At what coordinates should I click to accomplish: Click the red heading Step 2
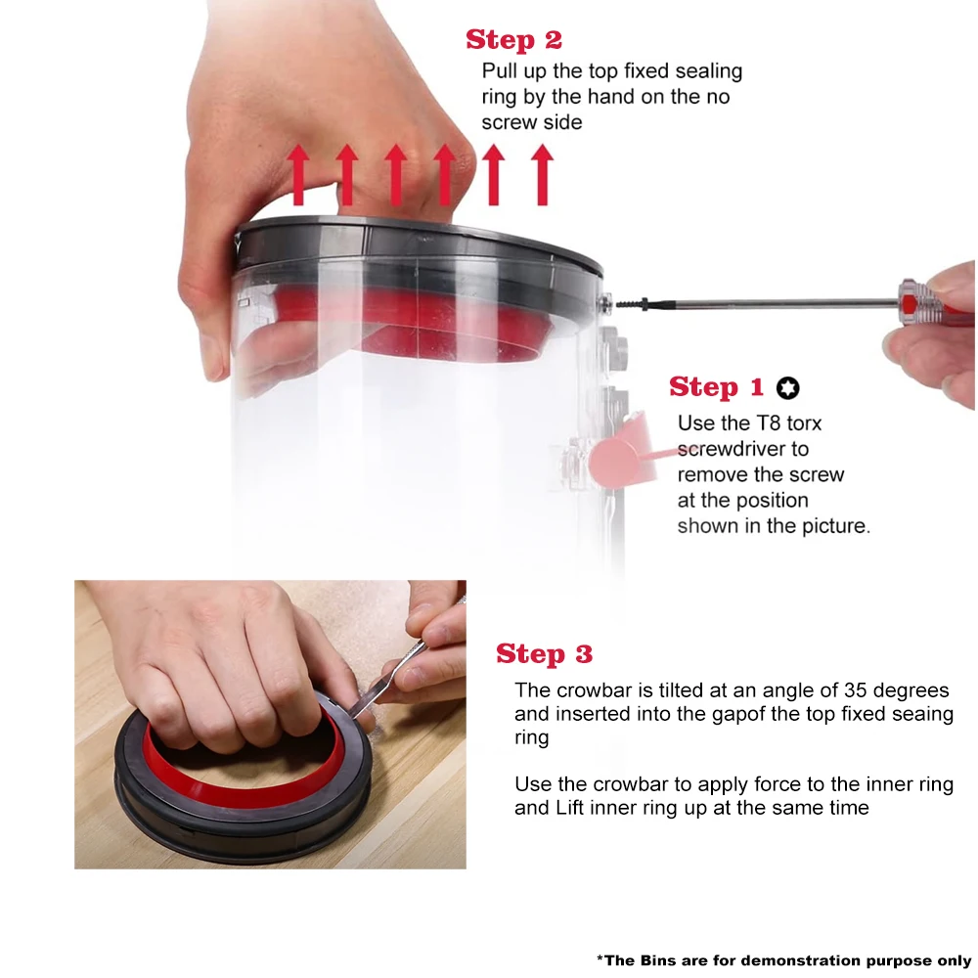[513, 40]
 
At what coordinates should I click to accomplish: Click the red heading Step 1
[716, 387]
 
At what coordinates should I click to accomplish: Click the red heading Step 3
[544, 654]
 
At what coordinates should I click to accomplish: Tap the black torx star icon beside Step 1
[787, 388]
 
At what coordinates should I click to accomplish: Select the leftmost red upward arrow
[298, 175]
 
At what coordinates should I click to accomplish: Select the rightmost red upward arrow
[543, 175]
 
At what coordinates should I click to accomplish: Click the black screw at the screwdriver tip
[633, 304]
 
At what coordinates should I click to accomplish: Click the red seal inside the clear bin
[412, 325]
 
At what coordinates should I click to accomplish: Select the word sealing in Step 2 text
[708, 72]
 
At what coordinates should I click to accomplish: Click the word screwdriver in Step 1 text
[743, 449]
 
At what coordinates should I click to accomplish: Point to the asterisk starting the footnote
[600, 958]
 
